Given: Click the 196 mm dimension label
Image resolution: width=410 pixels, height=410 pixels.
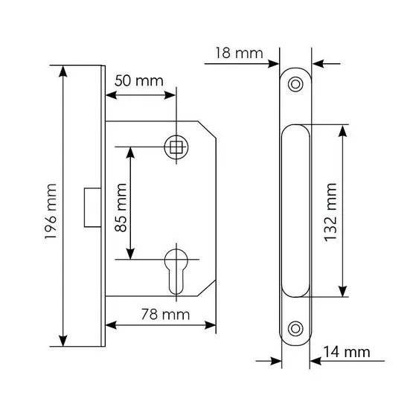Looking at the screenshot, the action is tap(51, 211).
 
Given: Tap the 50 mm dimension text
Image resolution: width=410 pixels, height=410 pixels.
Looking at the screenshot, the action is tap(139, 81).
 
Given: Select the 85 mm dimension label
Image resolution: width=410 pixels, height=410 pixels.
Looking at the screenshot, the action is tap(121, 208).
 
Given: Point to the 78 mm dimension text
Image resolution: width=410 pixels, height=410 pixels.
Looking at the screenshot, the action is tap(165, 315).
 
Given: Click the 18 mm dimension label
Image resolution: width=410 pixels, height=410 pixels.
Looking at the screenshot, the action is tap(239, 54).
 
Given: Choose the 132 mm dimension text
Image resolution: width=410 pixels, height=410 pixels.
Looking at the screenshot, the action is tap(330, 212).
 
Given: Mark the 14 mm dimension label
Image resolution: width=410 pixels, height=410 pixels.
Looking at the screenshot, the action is tap(347, 352).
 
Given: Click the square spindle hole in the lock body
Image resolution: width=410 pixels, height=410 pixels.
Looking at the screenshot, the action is tap(176, 147).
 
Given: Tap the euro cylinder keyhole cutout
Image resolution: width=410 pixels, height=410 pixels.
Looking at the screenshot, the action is tap(176, 272).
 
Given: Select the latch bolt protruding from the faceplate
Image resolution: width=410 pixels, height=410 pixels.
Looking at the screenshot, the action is tap(92, 208).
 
